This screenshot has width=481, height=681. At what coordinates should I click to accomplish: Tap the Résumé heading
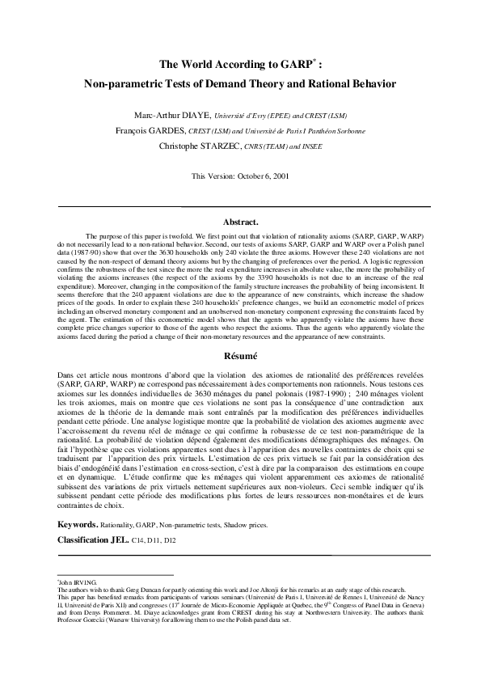click(240, 355)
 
